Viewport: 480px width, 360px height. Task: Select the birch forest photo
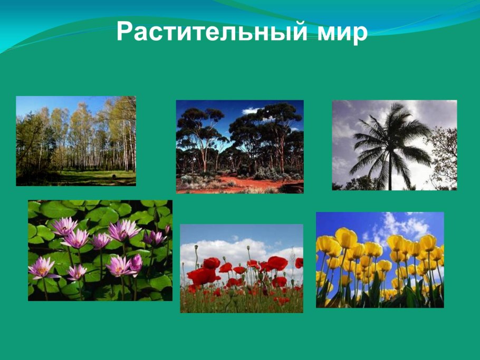76,141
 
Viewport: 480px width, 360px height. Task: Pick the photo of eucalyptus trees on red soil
239,147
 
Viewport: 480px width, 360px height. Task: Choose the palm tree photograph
394,145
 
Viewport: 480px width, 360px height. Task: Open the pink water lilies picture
100,250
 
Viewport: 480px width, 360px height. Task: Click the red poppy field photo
242,268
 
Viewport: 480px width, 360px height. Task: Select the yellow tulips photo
380,260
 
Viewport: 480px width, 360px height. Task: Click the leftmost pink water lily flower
43,267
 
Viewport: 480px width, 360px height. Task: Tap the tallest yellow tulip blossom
346,237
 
